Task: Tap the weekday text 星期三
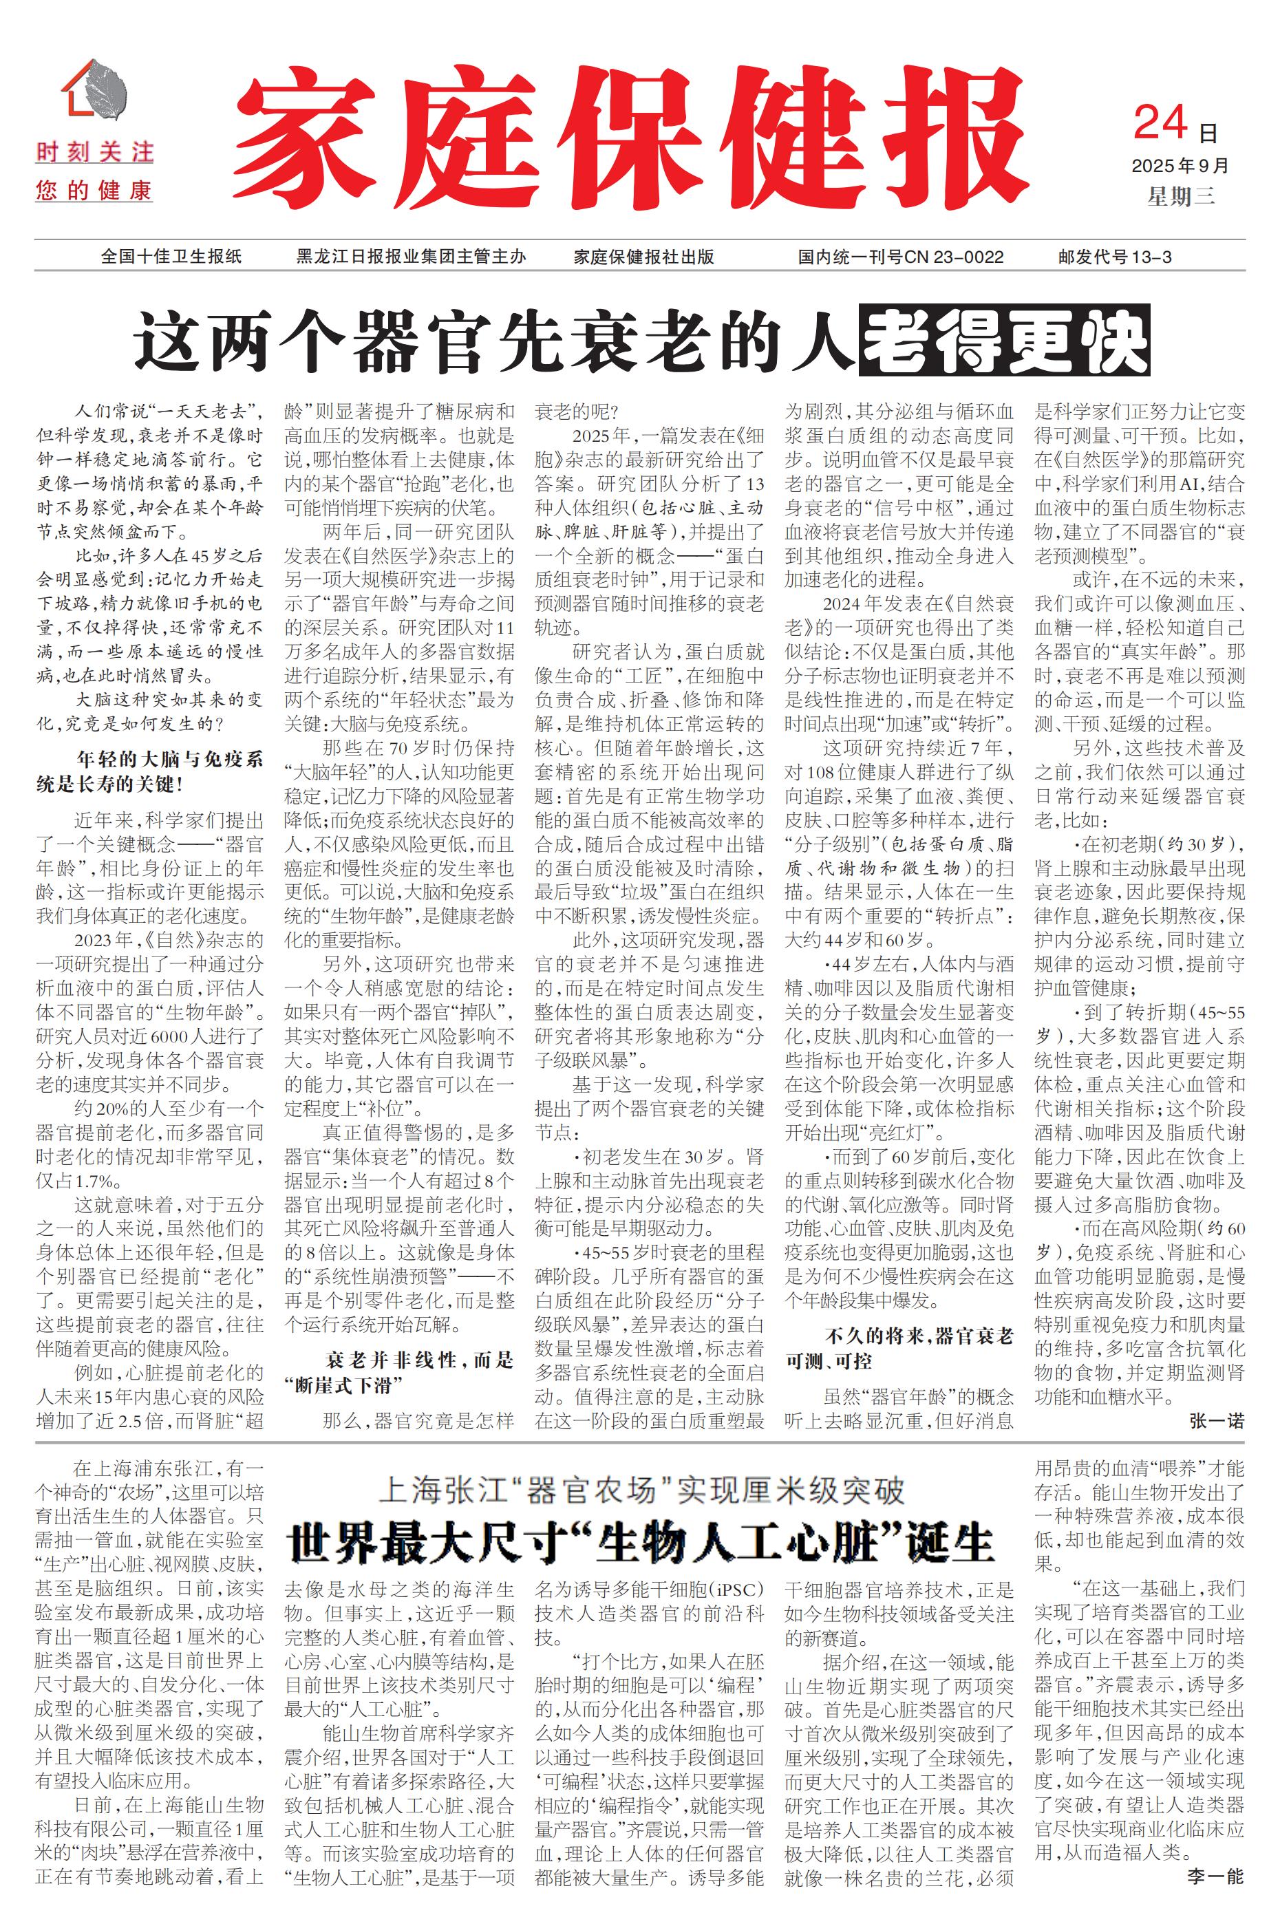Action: (1180, 197)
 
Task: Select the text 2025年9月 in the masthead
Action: (1180, 166)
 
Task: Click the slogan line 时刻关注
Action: (95, 153)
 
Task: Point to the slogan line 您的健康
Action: (95, 192)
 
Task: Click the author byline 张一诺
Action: (1216, 1420)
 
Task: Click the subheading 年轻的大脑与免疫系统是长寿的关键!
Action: (150, 771)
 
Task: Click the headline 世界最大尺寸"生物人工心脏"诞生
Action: (641, 1542)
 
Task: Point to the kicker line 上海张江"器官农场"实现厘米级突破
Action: (641, 1490)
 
